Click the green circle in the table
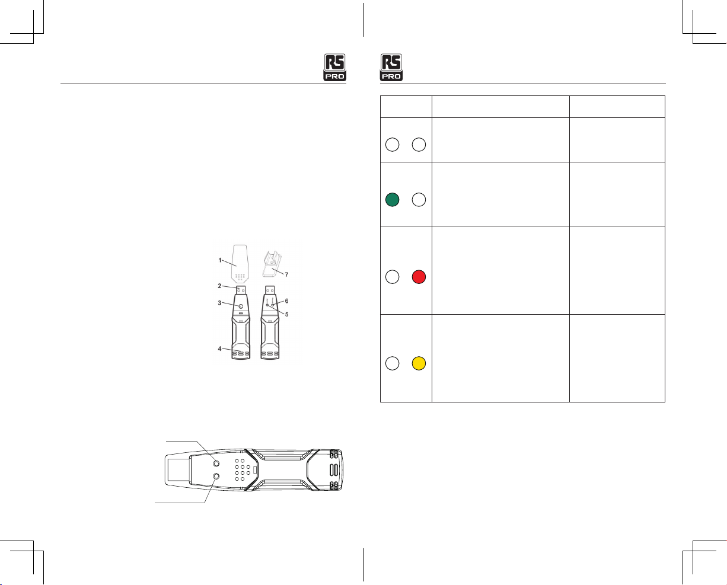tap(392, 200)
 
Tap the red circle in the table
tap(419, 277)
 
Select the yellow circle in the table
tap(419, 363)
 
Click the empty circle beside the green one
tap(419, 200)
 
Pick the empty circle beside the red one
tap(392, 277)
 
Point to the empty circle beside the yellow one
tap(392, 363)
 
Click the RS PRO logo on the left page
tap(335, 67)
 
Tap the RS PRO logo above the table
tap(391, 67)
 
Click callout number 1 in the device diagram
tap(220, 260)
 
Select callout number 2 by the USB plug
tap(219, 286)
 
